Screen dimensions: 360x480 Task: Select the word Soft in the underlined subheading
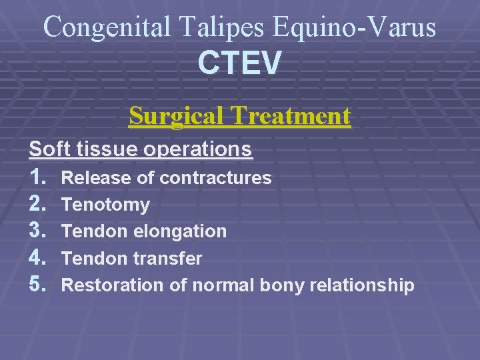click(46, 148)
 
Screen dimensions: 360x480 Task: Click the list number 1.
click(37, 177)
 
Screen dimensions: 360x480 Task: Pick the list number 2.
click(37, 204)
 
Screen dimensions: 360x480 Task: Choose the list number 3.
click(37, 231)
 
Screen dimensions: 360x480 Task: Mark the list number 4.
click(37, 258)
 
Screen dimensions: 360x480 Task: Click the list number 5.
click(37, 285)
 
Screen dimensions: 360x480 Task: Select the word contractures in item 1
click(216, 178)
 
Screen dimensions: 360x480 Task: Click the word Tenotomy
click(105, 205)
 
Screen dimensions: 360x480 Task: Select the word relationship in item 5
click(361, 286)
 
